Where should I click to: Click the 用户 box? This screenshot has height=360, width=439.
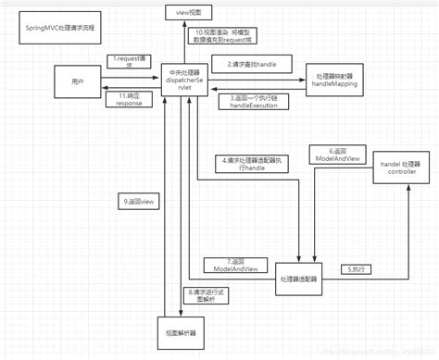77,82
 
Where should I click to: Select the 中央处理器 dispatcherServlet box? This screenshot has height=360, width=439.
186,83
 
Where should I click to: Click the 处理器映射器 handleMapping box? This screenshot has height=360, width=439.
336,81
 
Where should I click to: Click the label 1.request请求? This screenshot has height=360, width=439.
130,64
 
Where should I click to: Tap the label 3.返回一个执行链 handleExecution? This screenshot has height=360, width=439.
253,102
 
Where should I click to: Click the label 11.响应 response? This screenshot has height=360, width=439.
130,100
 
